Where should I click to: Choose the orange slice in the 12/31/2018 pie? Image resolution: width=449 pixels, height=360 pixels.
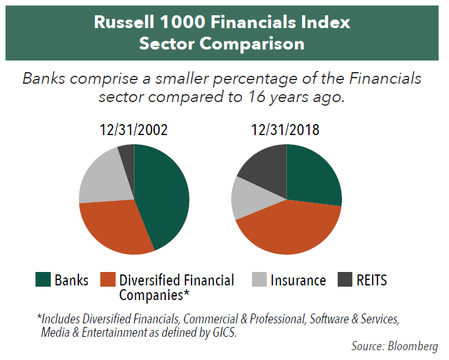tap(289, 229)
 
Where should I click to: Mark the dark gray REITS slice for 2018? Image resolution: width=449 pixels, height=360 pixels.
tap(266, 169)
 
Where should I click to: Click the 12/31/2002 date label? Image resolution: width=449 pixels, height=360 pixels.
tap(133, 130)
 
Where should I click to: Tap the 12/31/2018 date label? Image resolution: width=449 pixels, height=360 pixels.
tap(285, 130)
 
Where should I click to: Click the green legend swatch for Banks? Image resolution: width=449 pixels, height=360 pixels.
tap(43, 279)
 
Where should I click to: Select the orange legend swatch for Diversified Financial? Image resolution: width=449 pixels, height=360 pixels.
tap(108, 279)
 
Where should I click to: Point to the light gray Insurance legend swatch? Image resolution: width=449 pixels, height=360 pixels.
tap(259, 279)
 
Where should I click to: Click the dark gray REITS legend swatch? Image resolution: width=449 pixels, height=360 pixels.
tap(345, 279)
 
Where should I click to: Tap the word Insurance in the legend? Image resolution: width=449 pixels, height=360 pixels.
tap(298, 280)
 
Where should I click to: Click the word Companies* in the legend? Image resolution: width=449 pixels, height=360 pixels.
tap(154, 295)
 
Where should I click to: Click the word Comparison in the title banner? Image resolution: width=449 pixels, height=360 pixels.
tap(252, 44)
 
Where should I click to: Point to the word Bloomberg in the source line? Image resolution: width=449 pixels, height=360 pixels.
tap(413, 346)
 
